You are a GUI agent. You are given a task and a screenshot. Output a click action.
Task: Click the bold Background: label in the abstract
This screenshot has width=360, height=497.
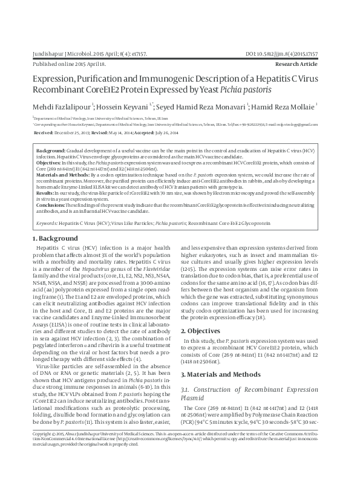point(51,149)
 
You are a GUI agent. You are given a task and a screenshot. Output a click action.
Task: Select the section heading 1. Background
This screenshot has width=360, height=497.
point(55,240)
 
